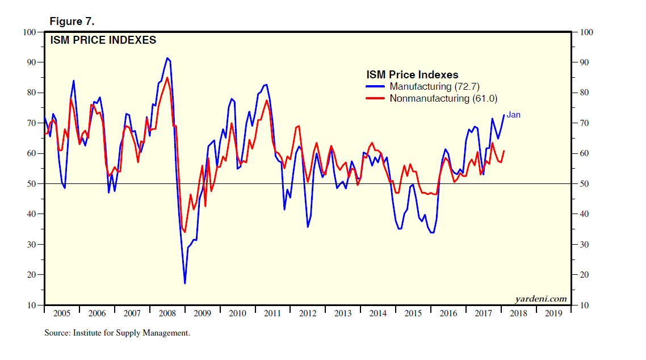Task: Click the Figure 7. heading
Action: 72,22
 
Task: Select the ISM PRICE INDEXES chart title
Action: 103,40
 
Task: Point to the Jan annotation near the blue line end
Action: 513,115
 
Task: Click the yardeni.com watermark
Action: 541,299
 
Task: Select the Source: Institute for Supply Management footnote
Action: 117,333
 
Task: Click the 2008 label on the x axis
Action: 167,313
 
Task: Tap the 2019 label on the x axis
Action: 554,313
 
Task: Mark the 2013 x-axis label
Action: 343,313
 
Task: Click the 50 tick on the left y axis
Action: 32,184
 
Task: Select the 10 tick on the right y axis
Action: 584,305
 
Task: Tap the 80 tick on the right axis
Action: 584,93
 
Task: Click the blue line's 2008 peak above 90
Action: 167,57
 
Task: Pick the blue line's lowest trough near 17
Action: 185,283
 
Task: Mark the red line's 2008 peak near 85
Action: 167,78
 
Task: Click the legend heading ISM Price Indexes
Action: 412,74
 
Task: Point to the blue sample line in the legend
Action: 376,86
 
